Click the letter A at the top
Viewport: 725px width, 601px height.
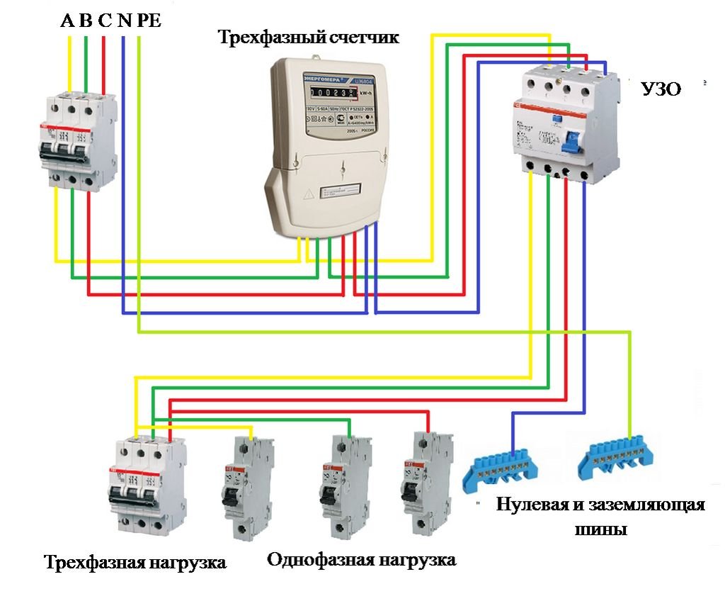68,21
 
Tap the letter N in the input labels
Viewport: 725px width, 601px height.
124,21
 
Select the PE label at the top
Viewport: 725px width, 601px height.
149,21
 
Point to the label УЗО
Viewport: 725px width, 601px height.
661,89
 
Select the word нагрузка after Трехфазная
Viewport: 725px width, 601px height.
188,563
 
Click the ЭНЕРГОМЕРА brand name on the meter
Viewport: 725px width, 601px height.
323,75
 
